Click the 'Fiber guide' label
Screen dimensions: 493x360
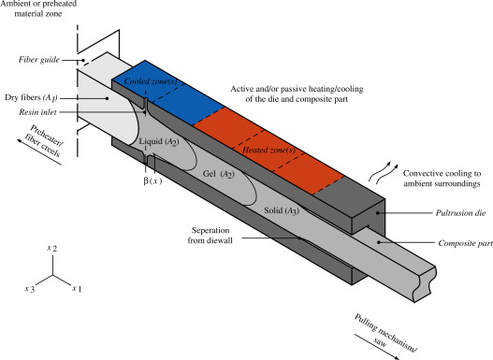coord(39,60)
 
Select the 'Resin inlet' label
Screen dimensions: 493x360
coord(37,112)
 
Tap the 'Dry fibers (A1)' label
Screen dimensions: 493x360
coord(31,97)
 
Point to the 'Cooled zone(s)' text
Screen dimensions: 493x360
coord(151,81)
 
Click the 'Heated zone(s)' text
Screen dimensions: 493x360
coord(268,151)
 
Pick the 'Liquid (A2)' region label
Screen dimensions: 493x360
coord(159,142)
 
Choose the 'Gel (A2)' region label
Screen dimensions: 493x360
coord(219,174)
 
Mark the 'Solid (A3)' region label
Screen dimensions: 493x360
coord(282,210)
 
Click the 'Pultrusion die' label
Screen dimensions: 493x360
coord(460,213)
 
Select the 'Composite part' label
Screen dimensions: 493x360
coord(465,243)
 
